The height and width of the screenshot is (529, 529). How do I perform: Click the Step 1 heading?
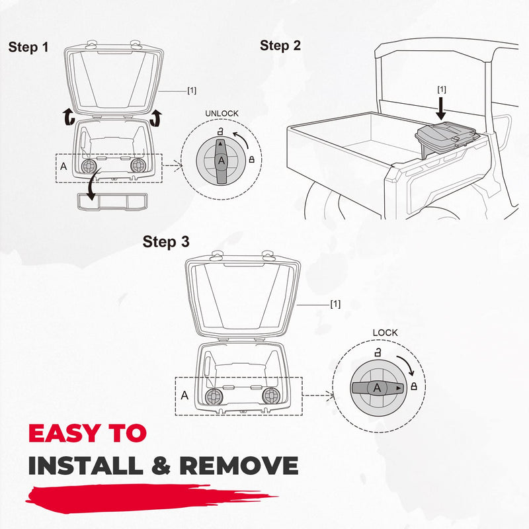(x=28, y=47)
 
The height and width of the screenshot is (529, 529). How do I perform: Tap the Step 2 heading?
(x=280, y=46)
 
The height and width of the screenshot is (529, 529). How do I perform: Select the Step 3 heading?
(x=166, y=242)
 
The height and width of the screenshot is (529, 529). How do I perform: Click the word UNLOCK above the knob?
(x=222, y=113)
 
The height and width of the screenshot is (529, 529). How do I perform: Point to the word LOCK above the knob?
(x=385, y=333)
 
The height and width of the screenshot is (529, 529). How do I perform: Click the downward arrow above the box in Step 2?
(x=440, y=108)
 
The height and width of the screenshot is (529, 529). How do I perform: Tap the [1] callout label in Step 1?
(x=192, y=91)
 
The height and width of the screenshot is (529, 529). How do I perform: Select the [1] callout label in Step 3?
(x=335, y=304)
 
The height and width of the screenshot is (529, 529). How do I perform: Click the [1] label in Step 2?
(x=441, y=89)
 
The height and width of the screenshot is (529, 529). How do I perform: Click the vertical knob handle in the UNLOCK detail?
(x=221, y=161)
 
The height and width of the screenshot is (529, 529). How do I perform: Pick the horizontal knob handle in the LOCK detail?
(x=378, y=388)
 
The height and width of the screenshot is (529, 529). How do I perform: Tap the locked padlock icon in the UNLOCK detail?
(x=251, y=159)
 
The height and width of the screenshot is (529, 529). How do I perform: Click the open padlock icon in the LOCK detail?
(x=378, y=352)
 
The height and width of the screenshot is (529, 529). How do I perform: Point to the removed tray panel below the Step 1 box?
(x=112, y=202)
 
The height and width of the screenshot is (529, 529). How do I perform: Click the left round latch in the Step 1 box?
(x=89, y=165)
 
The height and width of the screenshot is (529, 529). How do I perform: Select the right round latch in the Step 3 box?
(x=271, y=395)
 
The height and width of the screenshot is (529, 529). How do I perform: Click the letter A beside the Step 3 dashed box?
(x=184, y=395)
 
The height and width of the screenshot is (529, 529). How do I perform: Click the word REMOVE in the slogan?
(x=239, y=466)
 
